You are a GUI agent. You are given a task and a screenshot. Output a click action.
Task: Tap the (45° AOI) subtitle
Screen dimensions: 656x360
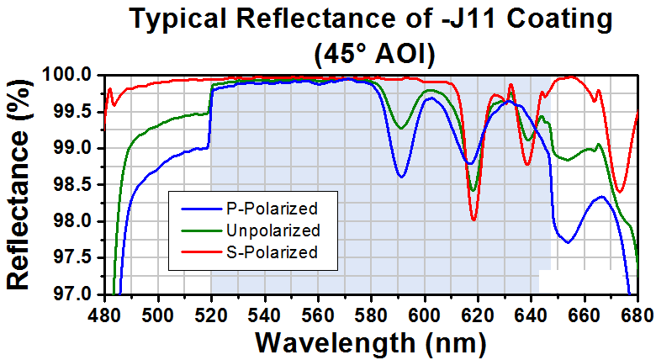pos(374,54)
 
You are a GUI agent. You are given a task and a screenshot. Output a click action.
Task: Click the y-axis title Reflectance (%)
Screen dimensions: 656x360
pos(19,184)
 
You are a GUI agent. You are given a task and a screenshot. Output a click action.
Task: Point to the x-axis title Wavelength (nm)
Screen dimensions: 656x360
pos(371,343)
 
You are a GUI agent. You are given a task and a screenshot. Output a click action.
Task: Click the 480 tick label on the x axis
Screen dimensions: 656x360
pos(104,315)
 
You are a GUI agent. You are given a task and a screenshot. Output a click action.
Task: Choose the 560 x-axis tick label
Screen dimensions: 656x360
pos(318,315)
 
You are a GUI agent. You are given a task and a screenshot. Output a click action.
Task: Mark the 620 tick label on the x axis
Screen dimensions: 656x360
pos(478,315)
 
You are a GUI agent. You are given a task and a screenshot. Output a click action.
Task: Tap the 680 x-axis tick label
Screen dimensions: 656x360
pos(638,315)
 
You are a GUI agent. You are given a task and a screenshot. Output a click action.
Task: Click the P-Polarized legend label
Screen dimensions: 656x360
pos(272,209)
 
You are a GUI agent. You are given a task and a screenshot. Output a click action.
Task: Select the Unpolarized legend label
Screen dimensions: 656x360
pos(273,230)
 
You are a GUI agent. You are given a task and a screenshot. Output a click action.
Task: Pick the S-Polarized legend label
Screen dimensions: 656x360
pos(272,252)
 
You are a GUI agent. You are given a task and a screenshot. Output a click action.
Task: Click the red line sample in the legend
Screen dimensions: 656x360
pos(201,252)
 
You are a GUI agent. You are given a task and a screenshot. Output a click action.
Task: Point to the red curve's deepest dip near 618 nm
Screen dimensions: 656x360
pos(473,220)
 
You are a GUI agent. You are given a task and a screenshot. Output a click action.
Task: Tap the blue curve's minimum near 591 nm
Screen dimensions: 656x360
pos(401,177)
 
